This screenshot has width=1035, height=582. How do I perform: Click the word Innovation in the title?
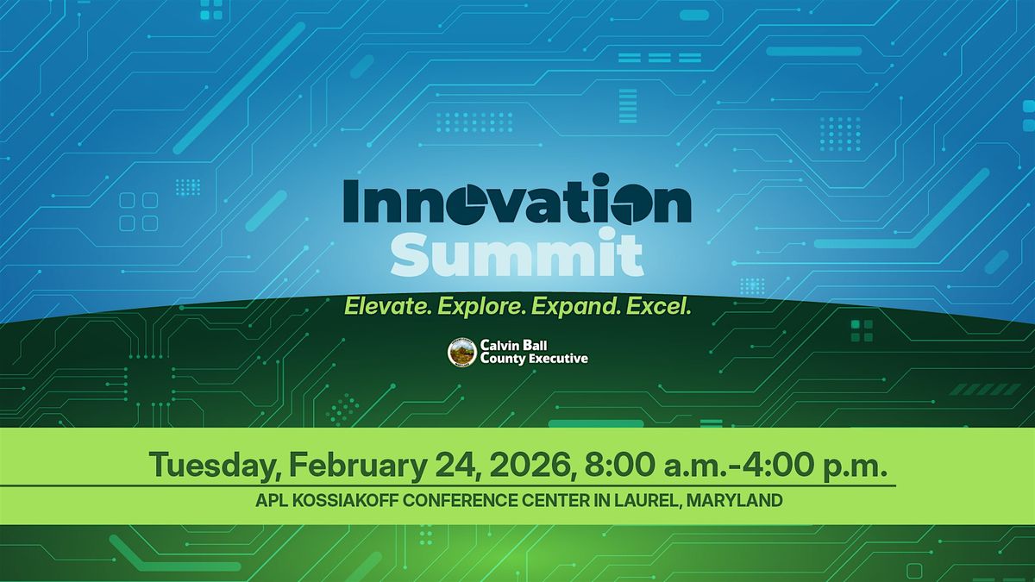point(517,199)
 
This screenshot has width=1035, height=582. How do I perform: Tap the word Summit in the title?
point(517,253)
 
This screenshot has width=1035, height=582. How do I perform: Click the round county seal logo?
point(462,353)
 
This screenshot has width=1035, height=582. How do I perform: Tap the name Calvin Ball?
point(513,345)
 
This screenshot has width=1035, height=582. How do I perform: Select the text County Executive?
point(534,359)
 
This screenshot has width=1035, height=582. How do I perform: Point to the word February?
point(357,466)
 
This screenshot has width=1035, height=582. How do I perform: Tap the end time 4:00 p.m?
point(812,466)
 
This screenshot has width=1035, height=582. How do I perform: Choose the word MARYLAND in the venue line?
point(735,500)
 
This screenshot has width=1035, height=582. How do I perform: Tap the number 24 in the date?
point(455,466)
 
